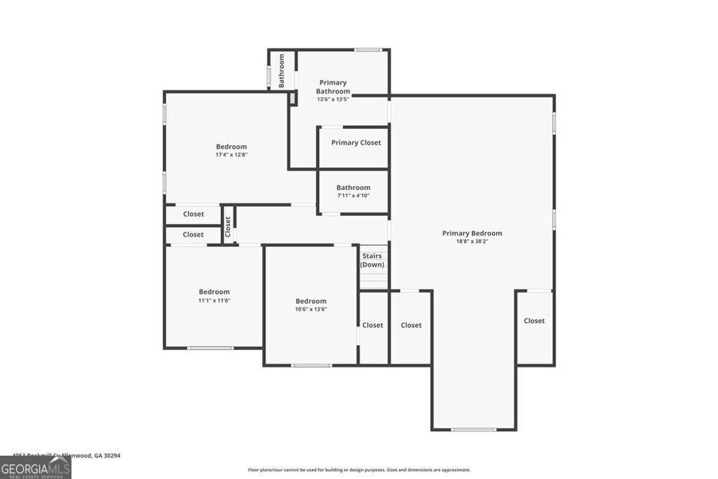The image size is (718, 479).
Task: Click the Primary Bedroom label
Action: (x=472, y=234)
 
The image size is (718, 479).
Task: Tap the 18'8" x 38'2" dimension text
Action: (x=472, y=241)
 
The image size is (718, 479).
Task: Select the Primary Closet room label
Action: (x=356, y=143)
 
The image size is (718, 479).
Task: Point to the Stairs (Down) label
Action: (x=372, y=260)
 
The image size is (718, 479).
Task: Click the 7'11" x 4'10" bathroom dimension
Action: (x=353, y=196)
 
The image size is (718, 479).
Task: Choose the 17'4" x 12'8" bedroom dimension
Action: (x=231, y=154)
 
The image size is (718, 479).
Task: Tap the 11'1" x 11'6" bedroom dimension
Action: (x=214, y=300)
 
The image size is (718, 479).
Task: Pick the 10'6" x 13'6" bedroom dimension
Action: (x=311, y=309)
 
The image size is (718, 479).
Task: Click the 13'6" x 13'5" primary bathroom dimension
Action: (x=333, y=100)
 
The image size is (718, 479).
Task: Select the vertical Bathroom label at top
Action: (x=282, y=71)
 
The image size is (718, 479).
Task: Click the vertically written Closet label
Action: (x=228, y=225)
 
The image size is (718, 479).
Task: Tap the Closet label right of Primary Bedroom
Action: (x=534, y=321)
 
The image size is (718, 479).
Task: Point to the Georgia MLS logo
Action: (x=35, y=468)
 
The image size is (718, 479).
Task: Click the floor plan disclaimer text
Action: (x=359, y=470)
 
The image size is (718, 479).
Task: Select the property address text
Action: (x=61, y=455)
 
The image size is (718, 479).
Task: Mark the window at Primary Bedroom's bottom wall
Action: (x=473, y=429)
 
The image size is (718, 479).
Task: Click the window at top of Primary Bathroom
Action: (x=367, y=50)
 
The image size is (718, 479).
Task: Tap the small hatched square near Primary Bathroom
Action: (x=292, y=98)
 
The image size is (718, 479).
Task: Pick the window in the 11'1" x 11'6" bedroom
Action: (x=210, y=348)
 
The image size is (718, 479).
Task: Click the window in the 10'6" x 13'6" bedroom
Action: (x=311, y=365)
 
